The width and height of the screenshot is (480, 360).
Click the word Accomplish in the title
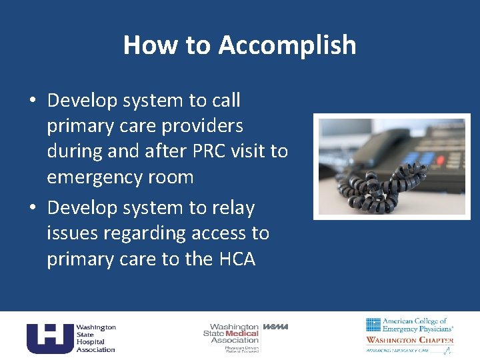click(x=287, y=46)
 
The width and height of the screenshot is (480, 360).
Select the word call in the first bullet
click(x=227, y=101)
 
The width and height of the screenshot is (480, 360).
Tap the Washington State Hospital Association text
click(x=95, y=338)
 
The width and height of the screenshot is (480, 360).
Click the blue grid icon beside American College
click(x=373, y=325)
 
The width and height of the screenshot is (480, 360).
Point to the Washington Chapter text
click(x=409, y=340)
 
